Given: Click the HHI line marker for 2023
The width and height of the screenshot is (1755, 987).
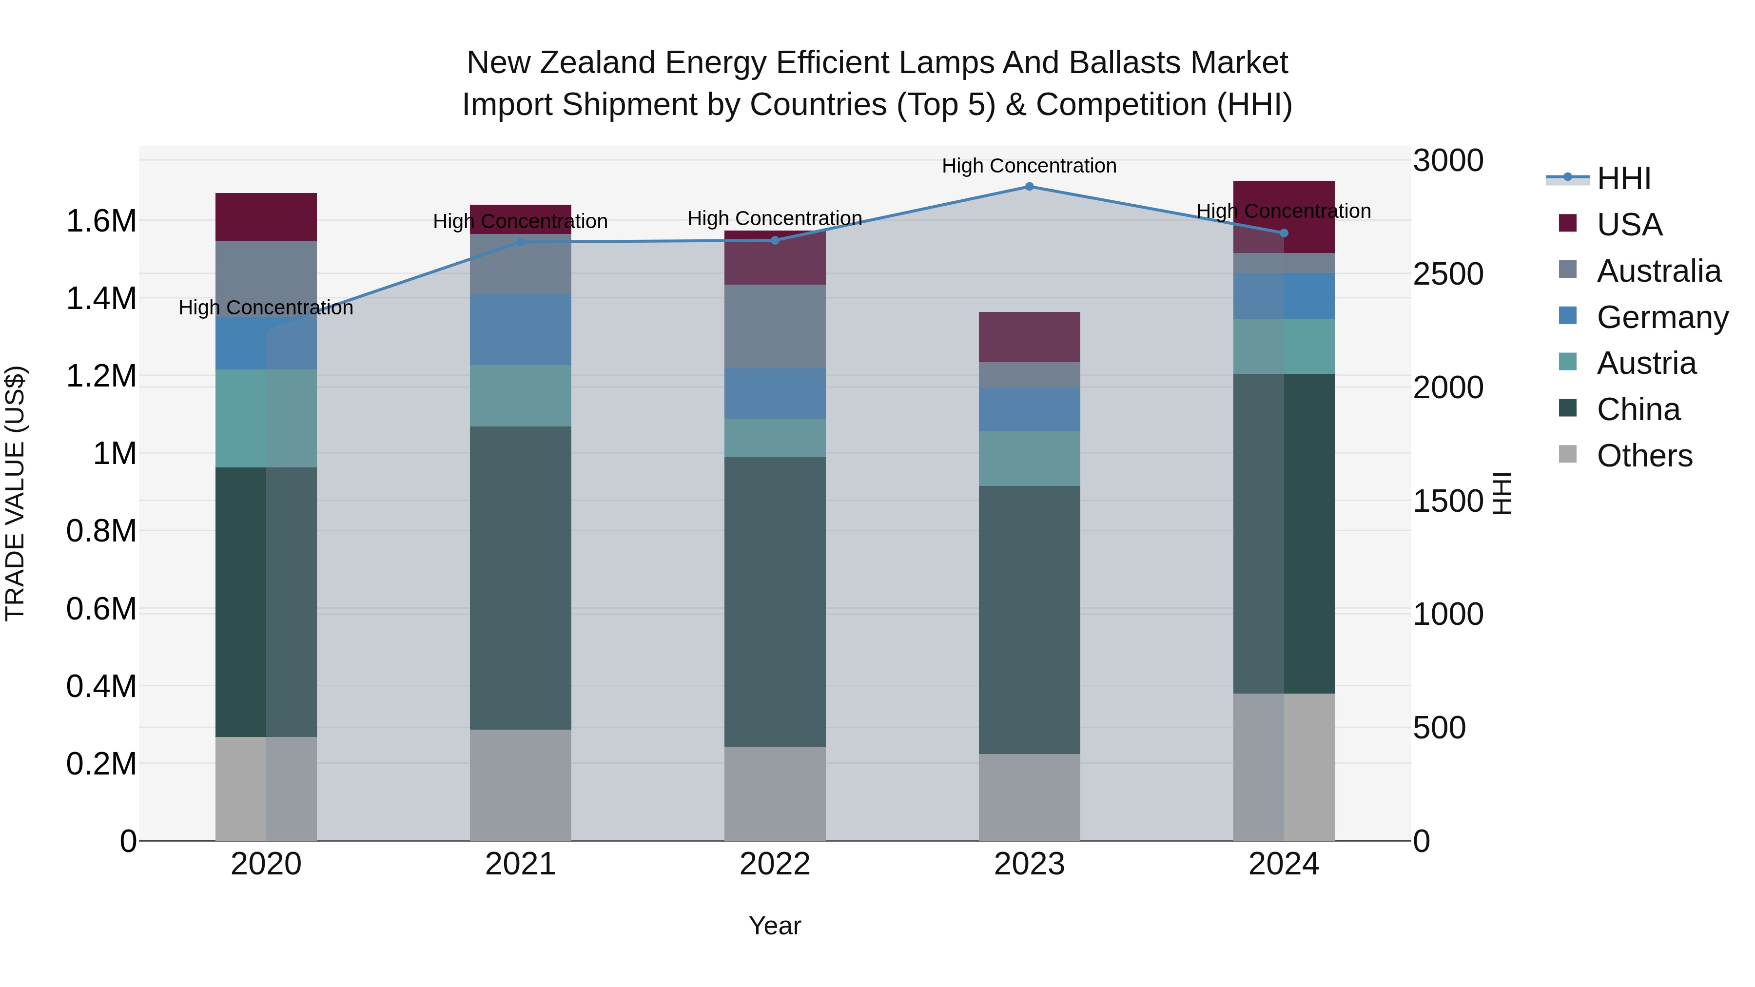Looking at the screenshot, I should [1029, 187].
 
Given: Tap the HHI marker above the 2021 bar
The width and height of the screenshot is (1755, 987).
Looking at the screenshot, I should [521, 242].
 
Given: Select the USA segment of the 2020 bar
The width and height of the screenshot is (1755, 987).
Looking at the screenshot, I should [266, 216].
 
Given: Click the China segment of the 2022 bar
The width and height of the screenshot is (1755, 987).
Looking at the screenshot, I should [775, 601].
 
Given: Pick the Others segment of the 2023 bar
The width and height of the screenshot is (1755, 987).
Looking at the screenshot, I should [1029, 796].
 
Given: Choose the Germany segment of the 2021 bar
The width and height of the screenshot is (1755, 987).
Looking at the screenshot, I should [521, 329].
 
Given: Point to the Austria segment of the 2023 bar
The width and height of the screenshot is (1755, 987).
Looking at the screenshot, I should [1029, 459].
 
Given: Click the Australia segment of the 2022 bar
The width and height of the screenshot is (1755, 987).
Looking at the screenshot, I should [775, 326].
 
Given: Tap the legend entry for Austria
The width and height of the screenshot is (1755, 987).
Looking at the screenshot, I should [1645, 363].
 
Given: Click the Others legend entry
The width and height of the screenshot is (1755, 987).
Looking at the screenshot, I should [1643, 456].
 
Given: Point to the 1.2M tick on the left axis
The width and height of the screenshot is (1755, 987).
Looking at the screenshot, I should [101, 376].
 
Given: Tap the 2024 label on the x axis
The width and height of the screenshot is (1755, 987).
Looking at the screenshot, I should [1283, 864].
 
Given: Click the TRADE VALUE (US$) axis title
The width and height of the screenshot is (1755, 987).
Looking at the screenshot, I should [15, 493].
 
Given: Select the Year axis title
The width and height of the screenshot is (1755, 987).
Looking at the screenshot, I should [775, 926].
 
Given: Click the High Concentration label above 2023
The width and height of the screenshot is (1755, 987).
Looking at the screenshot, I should [1029, 166].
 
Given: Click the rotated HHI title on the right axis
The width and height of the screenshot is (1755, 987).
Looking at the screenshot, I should [1501, 493].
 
